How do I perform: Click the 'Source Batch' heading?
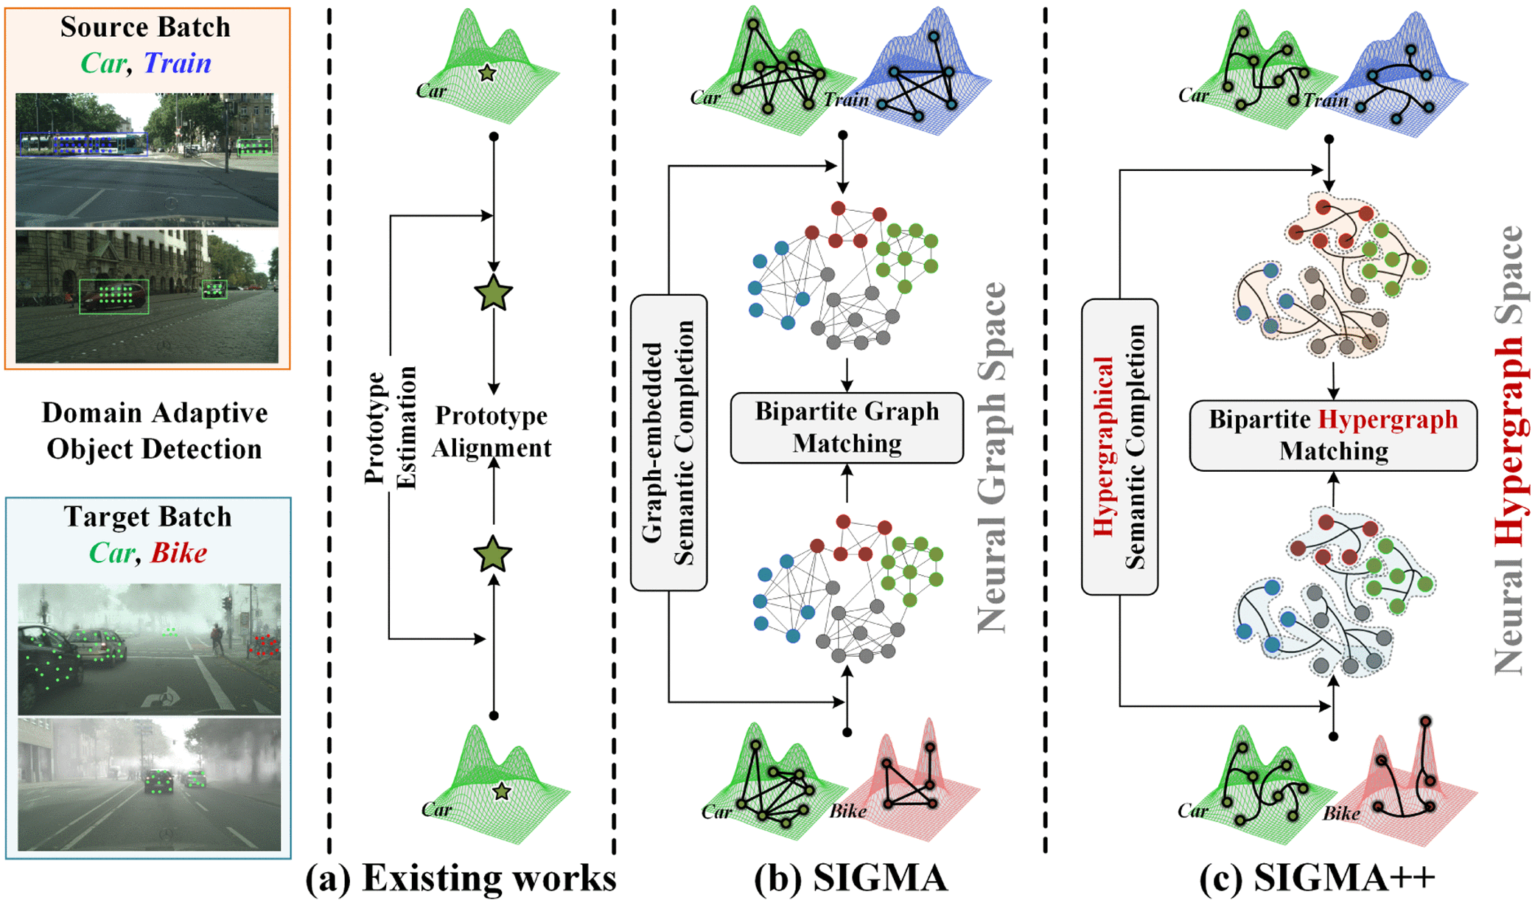point(145,27)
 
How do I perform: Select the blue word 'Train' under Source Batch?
point(177,63)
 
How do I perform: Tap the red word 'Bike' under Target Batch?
point(178,553)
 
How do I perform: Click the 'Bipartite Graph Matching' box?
point(847,428)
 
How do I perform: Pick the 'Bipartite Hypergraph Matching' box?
point(1333,435)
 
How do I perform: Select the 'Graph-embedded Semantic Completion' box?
point(668,442)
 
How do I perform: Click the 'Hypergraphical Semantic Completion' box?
point(1119,447)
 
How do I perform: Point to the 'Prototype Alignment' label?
point(492,431)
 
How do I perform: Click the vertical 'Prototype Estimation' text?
point(391,428)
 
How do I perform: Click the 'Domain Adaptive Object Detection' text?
point(154,430)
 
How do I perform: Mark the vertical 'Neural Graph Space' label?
point(992,457)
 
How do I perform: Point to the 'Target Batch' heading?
point(147,517)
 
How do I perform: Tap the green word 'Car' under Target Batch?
point(112,553)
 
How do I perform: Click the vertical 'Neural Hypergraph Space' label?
point(1508,450)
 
